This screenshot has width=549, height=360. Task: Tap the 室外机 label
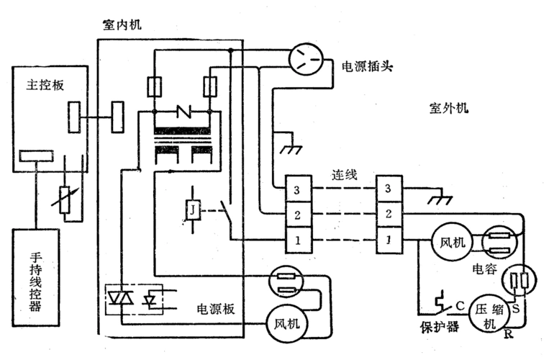pos(448,109)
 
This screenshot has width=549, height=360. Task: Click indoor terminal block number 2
pos(297,214)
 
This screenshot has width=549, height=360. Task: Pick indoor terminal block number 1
pos(297,239)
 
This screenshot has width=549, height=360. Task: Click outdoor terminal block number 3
pos(390,189)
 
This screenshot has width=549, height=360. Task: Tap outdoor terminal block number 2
pos(390,214)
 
